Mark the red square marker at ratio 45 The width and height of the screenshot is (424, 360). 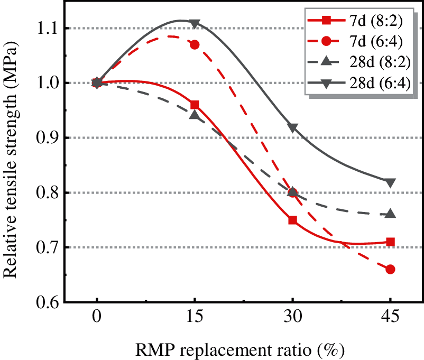[390, 242]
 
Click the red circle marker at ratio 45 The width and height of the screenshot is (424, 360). [390, 270]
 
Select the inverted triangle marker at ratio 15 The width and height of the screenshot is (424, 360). [195, 23]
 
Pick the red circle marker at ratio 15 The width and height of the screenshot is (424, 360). [195, 44]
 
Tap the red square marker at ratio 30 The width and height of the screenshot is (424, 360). [292, 220]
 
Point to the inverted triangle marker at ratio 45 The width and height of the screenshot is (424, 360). [390, 183]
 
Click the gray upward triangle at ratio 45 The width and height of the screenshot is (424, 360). [390, 214]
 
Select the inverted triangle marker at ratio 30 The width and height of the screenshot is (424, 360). [292, 128]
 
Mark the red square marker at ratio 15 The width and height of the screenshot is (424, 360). [195, 105]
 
